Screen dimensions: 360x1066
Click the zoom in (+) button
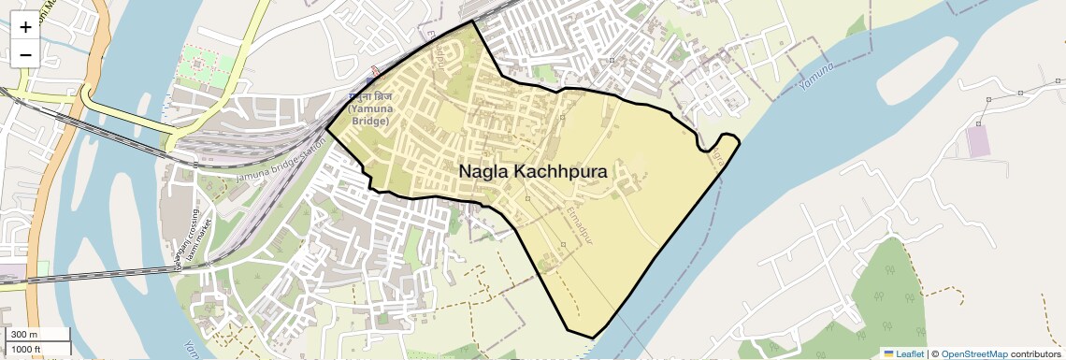coord(25,26)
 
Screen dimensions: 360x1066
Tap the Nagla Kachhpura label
coord(533,172)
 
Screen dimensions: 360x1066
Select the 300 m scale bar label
coord(25,335)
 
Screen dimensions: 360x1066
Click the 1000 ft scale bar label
coord(27,349)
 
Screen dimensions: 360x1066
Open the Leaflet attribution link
coord(903,353)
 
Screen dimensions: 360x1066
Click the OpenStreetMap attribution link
coord(973,353)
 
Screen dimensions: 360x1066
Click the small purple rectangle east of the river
coord(977,141)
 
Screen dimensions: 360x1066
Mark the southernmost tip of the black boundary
coord(593,338)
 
